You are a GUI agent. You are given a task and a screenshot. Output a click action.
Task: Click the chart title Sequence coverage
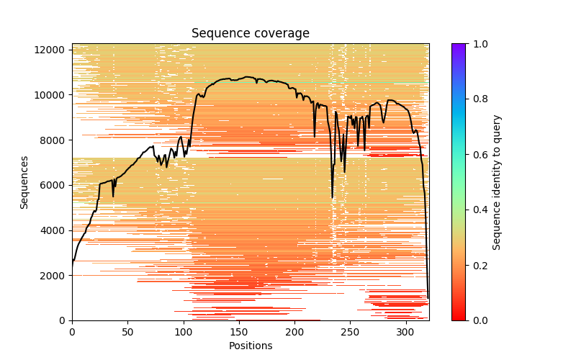(x=250, y=33)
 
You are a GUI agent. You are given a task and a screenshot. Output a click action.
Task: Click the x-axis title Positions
(x=250, y=346)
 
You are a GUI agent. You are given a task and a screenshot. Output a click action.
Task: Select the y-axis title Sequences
(x=24, y=182)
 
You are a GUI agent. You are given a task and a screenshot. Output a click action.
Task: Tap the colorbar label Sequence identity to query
(x=497, y=182)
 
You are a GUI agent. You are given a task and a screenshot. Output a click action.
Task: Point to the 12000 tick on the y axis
(x=55, y=50)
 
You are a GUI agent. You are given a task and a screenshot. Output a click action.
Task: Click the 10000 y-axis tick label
(x=55, y=95)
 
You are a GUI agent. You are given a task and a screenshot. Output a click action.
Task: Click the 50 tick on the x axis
(x=127, y=331)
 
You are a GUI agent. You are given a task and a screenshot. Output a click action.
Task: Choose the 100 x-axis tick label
(x=183, y=331)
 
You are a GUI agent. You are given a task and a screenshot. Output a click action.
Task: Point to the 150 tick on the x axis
(x=239, y=331)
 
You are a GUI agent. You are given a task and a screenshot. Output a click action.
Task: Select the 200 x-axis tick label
(x=294, y=331)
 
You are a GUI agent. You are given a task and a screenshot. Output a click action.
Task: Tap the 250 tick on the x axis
(x=350, y=331)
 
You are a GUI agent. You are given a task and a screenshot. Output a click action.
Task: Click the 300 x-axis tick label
(x=405, y=331)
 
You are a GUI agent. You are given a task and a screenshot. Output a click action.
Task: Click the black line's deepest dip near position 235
(x=333, y=197)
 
